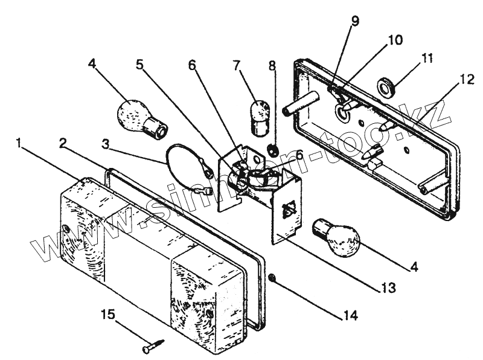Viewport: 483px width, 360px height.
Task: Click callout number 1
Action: click(20, 144)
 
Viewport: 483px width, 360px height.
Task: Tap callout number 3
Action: click(106, 144)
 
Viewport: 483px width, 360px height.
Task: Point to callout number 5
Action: click(139, 65)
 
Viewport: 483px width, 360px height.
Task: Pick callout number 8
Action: click(272, 65)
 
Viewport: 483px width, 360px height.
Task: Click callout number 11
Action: click(427, 59)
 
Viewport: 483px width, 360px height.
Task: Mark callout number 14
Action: click(350, 315)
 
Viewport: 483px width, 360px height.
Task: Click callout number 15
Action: click(106, 314)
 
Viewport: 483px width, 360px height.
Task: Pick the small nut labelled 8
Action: click(272, 149)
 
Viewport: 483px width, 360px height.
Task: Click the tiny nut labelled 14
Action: click(272, 278)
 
